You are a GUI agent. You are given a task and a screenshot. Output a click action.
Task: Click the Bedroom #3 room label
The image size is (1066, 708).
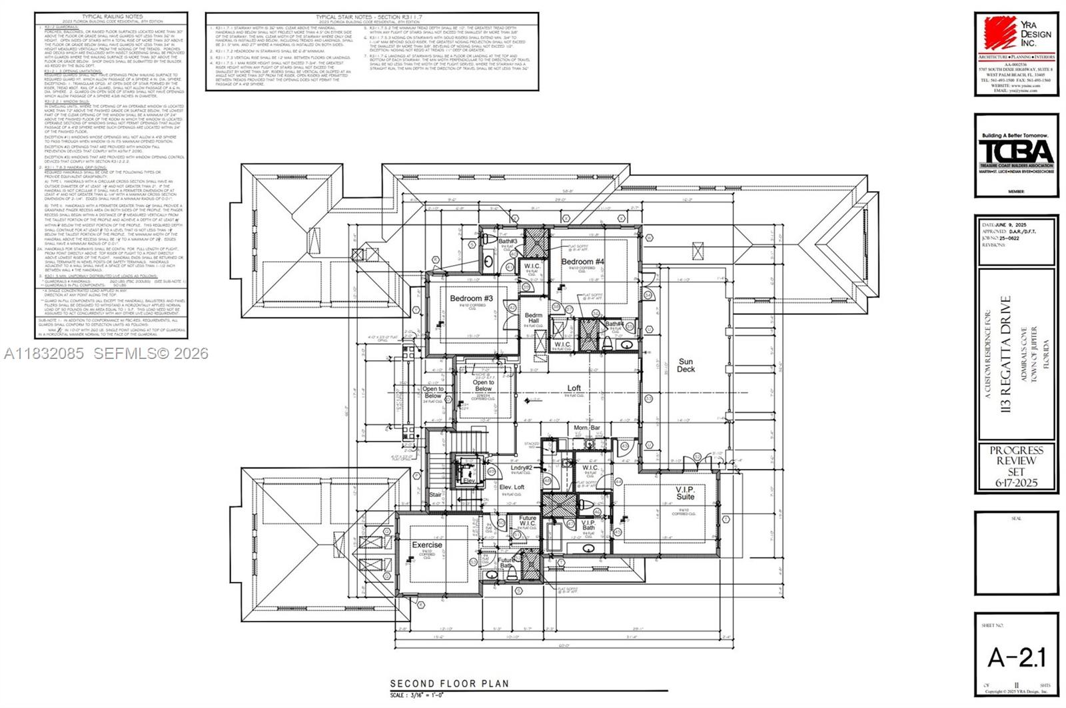[471, 298]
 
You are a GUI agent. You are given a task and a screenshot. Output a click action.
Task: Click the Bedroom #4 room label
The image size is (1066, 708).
[582, 262]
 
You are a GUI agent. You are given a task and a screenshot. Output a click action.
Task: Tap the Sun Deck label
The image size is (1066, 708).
[686, 366]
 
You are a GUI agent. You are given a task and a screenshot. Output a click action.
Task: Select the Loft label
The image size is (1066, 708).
[574, 388]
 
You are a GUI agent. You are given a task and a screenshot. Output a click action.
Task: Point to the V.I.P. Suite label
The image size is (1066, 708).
[685, 492]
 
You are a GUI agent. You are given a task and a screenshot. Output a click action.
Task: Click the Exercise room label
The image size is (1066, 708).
[426, 545]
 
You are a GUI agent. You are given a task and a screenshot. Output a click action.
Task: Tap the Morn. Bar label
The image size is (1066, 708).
[587, 428]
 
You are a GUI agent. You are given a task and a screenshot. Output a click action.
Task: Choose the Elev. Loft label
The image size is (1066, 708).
[512, 487]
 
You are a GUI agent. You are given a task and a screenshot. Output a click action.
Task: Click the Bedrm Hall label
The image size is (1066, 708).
[533, 318]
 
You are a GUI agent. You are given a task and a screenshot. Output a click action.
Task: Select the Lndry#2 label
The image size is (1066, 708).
[521, 468]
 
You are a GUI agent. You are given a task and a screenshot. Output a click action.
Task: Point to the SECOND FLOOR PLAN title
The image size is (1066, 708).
[449, 683]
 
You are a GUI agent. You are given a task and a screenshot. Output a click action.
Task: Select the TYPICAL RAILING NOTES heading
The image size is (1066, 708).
[111, 15]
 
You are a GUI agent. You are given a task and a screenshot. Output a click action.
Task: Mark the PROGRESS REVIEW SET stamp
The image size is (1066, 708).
[1016, 466]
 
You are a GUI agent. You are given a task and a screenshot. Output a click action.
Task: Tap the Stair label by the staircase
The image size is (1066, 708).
[435, 495]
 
